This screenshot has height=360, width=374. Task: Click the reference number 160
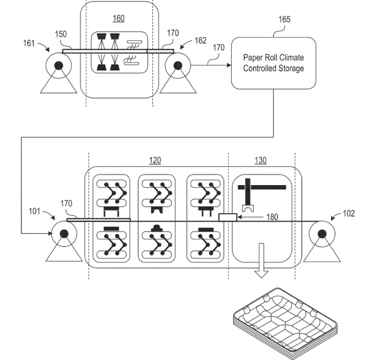(x=119, y=19)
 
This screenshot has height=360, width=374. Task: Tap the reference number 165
(x=285, y=20)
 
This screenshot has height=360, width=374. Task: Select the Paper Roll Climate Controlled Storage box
(x=273, y=63)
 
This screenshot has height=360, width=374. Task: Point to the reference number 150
(x=61, y=34)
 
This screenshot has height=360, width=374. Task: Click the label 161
(x=29, y=43)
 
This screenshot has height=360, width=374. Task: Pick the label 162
(x=200, y=41)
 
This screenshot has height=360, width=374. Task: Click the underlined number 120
(x=155, y=160)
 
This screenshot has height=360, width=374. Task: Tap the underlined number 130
(x=260, y=160)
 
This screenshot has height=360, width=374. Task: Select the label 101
(x=34, y=211)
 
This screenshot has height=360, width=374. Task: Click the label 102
(x=349, y=213)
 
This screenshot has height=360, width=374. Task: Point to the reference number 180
(x=272, y=217)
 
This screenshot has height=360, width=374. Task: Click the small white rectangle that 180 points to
(x=228, y=217)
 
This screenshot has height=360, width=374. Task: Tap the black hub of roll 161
(x=59, y=65)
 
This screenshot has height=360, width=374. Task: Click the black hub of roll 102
(x=322, y=234)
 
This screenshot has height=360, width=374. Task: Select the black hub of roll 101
(x=64, y=234)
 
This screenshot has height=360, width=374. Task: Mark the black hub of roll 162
(x=178, y=65)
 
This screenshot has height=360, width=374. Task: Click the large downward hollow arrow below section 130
(x=261, y=260)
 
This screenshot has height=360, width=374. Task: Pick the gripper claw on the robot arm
(x=248, y=208)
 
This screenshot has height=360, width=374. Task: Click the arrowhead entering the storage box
(x=229, y=65)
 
